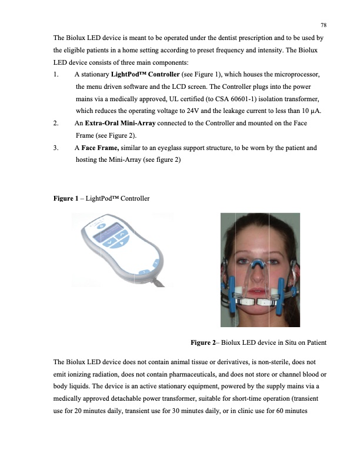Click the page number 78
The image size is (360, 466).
click(323, 25)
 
